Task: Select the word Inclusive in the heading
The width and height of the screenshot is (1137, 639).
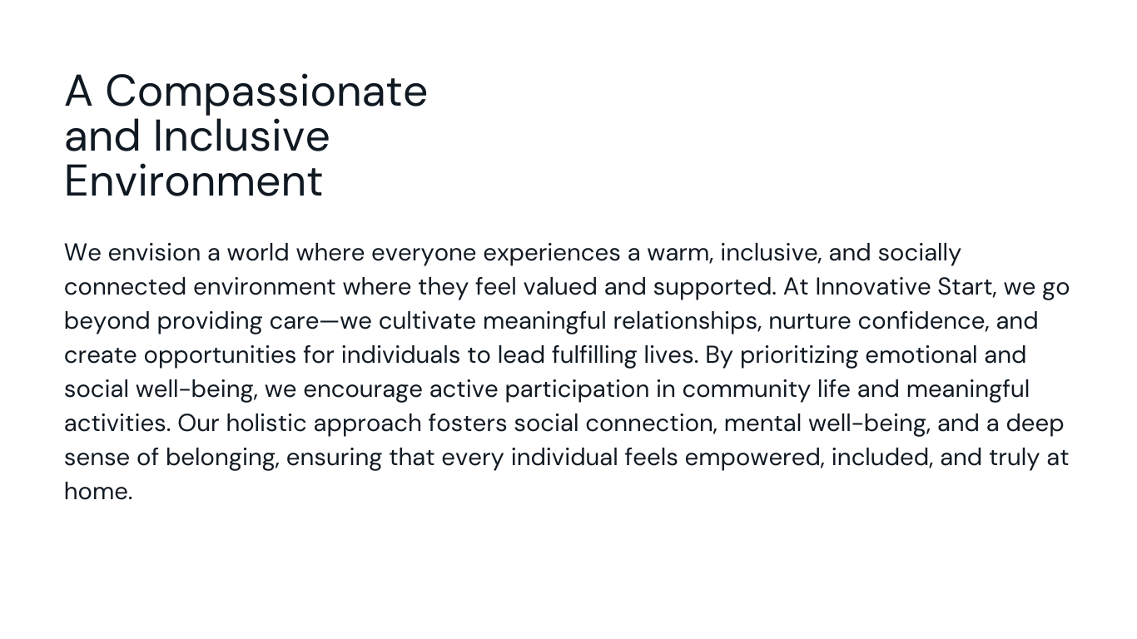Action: coord(241,136)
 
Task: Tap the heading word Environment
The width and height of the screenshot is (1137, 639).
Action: coord(193,181)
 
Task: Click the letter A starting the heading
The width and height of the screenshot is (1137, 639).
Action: coord(78,91)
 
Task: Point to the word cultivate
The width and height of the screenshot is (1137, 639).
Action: coord(427,321)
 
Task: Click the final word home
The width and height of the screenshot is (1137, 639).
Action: coord(98,492)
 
